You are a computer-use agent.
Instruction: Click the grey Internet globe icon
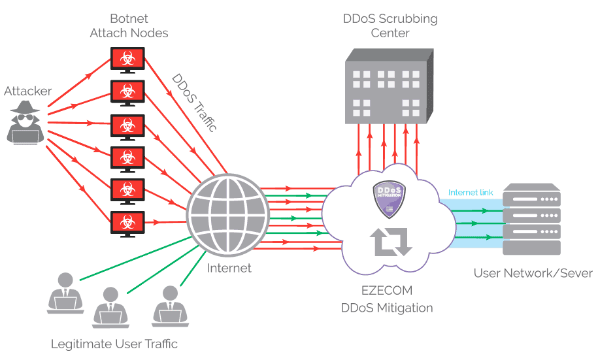[x=227, y=216]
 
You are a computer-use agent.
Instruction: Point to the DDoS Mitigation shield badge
[x=390, y=198]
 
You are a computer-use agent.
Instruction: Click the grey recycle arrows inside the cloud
[x=391, y=242]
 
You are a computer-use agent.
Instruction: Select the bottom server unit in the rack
[x=532, y=248]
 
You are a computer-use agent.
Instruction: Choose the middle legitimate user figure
[x=111, y=306]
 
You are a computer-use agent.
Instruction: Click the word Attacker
[x=27, y=91]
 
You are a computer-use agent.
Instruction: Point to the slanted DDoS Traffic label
[x=194, y=102]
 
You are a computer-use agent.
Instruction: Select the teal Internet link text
[x=471, y=193]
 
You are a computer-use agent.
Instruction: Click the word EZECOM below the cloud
[x=388, y=290]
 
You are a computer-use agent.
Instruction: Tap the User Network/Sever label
[x=533, y=273]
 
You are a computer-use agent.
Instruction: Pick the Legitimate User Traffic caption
[x=114, y=344]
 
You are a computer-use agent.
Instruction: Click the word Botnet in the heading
[x=129, y=18]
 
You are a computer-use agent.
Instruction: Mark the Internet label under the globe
[x=229, y=268]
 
